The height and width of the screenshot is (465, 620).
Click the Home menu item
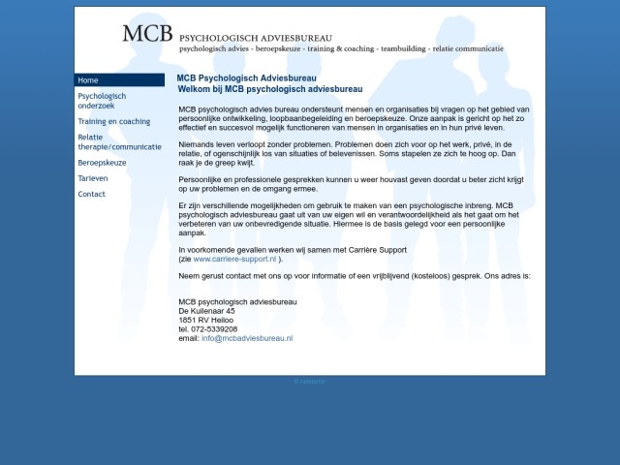point(88,80)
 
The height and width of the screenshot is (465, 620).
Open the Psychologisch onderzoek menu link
point(102,101)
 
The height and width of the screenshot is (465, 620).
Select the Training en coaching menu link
point(114,122)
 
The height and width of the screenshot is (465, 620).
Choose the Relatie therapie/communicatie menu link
point(119,142)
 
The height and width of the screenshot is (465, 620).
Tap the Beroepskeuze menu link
point(102,163)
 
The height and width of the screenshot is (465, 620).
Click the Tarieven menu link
point(93,178)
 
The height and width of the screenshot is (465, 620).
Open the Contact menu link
point(91,194)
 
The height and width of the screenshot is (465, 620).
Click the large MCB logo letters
point(147,34)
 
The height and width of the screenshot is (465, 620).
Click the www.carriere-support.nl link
point(234,260)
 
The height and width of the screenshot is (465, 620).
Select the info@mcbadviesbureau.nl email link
point(247,338)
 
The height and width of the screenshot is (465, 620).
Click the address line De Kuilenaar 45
point(206,311)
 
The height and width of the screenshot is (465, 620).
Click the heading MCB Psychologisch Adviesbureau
point(246,78)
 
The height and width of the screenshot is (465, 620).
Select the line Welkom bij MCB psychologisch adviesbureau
point(269,88)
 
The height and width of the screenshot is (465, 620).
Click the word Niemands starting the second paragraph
point(198,143)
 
